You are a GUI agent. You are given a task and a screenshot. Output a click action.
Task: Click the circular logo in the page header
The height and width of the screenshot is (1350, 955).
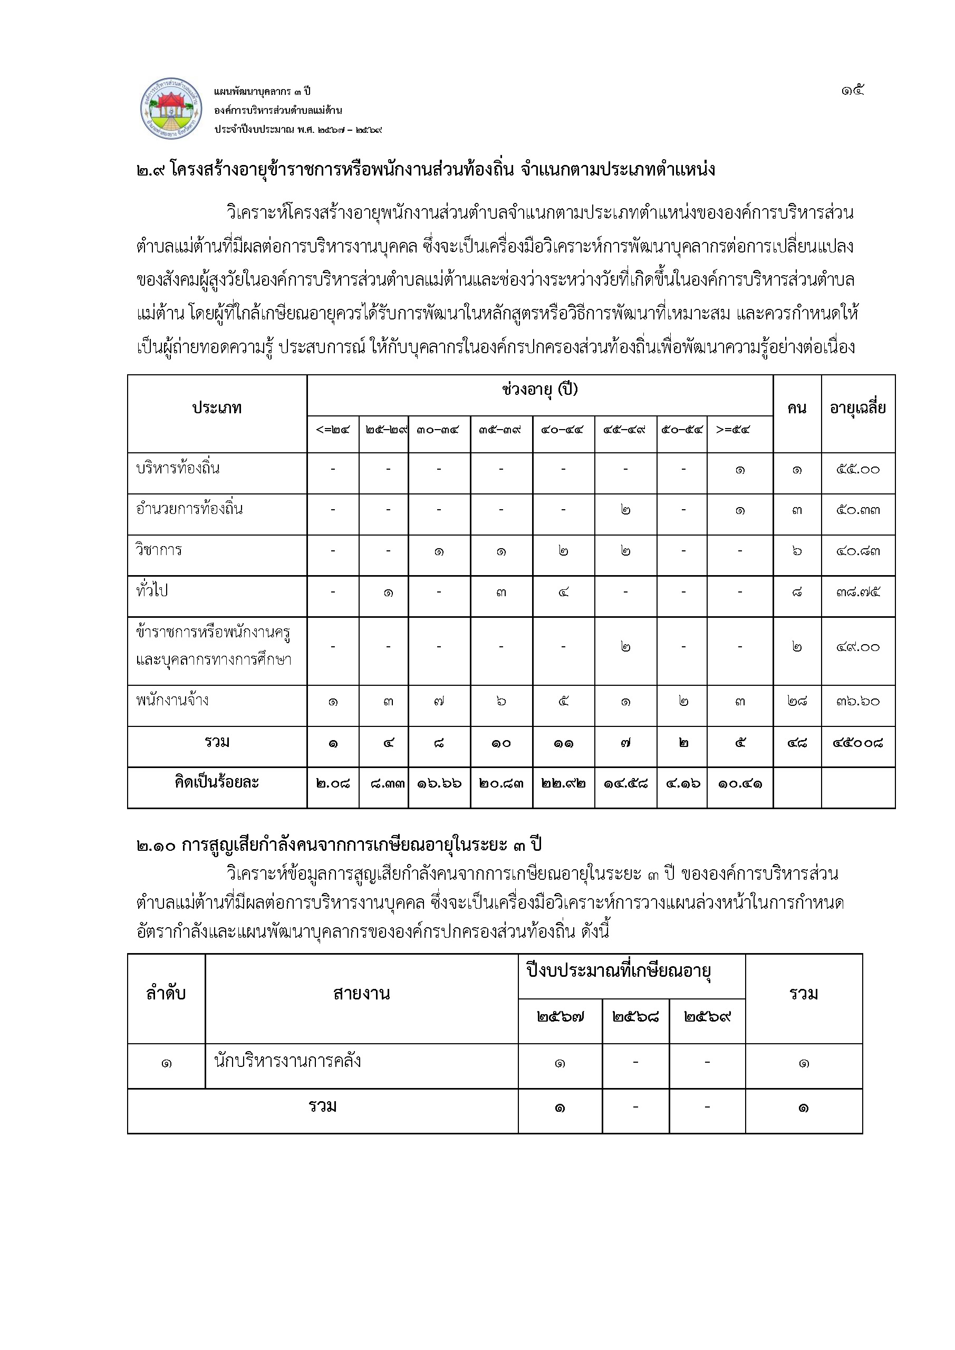coord(171,109)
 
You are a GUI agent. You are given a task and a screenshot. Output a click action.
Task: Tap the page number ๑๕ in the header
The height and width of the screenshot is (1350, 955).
coord(852,91)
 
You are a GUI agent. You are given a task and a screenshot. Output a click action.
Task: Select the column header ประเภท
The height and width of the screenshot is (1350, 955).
coord(217,408)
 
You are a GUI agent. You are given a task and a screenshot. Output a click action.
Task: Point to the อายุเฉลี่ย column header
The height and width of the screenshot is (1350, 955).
coord(857,408)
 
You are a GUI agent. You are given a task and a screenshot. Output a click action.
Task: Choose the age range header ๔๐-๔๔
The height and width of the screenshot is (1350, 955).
coord(563,430)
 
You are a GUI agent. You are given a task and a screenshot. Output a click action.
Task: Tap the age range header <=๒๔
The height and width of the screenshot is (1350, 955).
coord(333,430)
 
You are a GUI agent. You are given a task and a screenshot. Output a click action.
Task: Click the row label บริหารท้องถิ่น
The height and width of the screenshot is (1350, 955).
coord(178,469)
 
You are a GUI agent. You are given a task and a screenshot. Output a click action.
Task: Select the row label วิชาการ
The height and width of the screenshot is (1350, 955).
coord(159,550)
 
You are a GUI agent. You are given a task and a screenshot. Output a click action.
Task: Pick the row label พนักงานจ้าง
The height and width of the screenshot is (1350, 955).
coord(172,700)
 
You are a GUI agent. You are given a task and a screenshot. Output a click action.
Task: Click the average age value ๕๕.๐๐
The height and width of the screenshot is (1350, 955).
coord(858,470)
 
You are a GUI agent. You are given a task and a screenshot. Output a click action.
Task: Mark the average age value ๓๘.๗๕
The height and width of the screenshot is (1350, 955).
coord(858,592)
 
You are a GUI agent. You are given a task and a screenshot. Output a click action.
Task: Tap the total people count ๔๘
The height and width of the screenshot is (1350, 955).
coord(797,743)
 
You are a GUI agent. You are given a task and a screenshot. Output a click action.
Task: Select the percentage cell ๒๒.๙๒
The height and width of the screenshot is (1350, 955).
coord(563,784)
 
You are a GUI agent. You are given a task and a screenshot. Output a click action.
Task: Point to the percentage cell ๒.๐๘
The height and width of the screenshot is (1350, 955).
coord(333,784)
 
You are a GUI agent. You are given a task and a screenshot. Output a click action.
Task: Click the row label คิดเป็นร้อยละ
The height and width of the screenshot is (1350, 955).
coord(217,783)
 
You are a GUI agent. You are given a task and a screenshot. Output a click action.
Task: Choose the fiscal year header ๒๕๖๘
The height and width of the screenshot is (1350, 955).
coord(635,1017)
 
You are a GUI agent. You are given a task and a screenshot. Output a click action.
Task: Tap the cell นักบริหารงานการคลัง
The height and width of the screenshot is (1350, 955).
coord(287,1061)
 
